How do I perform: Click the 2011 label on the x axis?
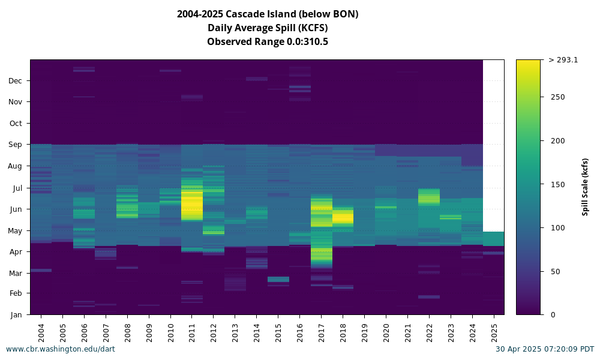[192, 333]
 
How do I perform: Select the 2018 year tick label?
[343, 333]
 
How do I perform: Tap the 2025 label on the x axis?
[494, 333]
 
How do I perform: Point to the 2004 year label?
[41, 333]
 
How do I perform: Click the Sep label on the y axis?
[16, 145]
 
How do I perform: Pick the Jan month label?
[16, 315]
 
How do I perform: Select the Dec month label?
[16, 81]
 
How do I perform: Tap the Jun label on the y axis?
[16, 209]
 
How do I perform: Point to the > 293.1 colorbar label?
[563, 59]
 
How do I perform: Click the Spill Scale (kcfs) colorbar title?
[585, 187]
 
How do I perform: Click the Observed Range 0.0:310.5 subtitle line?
[268, 42]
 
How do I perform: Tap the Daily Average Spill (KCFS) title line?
[268, 28]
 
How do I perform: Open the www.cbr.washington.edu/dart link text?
[61, 349]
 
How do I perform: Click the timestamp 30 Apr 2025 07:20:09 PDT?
[545, 349]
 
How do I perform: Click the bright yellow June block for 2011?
[192, 205]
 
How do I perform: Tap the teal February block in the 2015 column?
[278, 279]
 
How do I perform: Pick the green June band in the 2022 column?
[430, 197]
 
